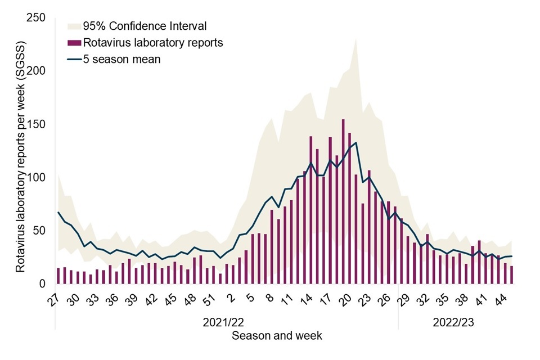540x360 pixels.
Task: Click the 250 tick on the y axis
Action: [x=37, y=18]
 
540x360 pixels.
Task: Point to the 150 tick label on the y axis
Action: [x=37, y=124]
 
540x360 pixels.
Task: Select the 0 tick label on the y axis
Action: [x=42, y=284]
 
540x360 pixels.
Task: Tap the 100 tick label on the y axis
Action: [x=37, y=178]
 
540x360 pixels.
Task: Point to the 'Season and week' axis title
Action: [x=277, y=336]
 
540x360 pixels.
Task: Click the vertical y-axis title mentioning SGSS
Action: [x=20, y=156]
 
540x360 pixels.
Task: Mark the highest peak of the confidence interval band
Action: [x=356, y=39]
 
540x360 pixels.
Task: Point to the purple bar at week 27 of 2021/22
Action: [x=58, y=276]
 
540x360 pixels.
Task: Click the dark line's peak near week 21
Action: [x=356, y=142]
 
